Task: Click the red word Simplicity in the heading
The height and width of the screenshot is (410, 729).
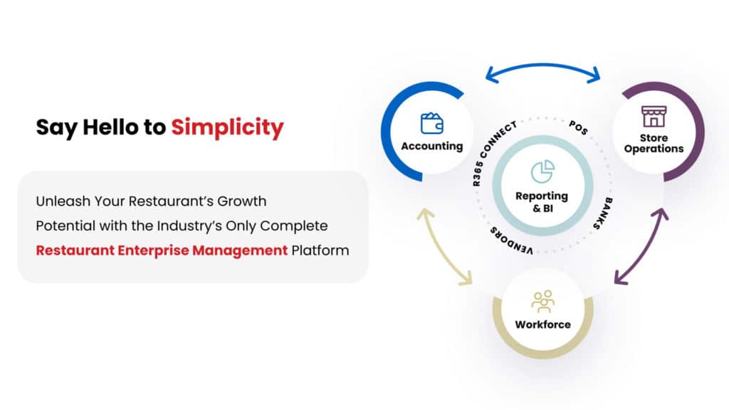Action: pos(227,128)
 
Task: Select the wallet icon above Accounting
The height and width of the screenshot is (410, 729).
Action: pos(432,123)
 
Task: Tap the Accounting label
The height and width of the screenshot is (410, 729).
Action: pos(432,146)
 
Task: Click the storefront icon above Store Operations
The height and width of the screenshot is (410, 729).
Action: pos(654,116)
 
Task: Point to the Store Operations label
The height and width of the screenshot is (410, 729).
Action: pos(654,143)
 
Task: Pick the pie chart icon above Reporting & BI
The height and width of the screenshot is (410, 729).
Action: pos(542,172)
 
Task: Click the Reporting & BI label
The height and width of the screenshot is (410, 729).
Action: pos(542,201)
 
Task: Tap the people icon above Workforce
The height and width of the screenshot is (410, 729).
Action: pos(542,301)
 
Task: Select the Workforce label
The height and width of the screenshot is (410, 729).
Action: pos(542,325)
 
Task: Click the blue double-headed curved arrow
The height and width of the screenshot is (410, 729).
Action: pos(542,65)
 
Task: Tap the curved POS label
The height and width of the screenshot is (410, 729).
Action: pos(579,127)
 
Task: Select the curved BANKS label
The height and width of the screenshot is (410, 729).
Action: pos(604,214)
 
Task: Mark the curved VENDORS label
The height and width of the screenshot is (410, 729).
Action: pos(510,241)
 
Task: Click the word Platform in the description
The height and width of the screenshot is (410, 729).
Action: pos(320,251)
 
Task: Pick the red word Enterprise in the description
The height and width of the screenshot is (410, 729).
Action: pos(153,251)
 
